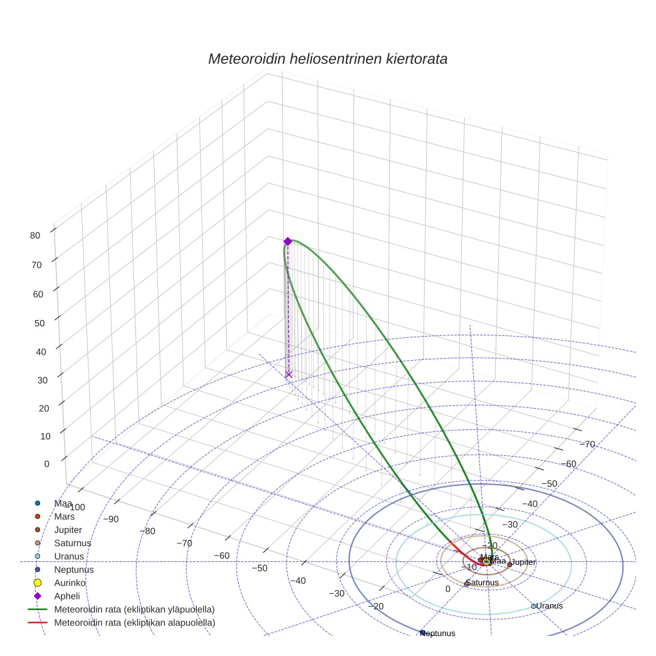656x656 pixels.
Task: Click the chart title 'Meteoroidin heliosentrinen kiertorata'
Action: tap(327, 59)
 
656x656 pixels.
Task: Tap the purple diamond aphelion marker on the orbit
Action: tap(287, 241)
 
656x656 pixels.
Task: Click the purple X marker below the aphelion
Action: tap(289, 375)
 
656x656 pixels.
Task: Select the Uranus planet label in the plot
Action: tap(549, 606)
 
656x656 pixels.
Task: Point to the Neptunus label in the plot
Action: tap(438, 633)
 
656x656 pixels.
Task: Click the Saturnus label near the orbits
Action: tap(481, 583)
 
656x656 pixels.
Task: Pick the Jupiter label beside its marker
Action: tap(524, 563)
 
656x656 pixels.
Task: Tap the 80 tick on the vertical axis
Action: tap(35, 235)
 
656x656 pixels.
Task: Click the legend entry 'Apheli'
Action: tap(66, 596)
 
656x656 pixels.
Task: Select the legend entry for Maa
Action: tap(63, 503)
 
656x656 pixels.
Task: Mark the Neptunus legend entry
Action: tap(73, 570)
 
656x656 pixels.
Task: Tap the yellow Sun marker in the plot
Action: tap(487, 562)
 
